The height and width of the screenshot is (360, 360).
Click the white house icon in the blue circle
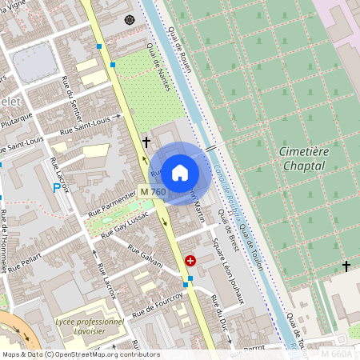tap(180, 172)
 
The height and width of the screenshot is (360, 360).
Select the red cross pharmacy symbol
tap(190, 261)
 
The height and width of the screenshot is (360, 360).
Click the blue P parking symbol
tap(56, 188)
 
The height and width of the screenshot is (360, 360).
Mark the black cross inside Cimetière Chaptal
tap(346, 266)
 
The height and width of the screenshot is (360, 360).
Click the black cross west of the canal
tap(146, 142)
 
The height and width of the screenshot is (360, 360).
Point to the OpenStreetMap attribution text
tap(80, 354)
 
